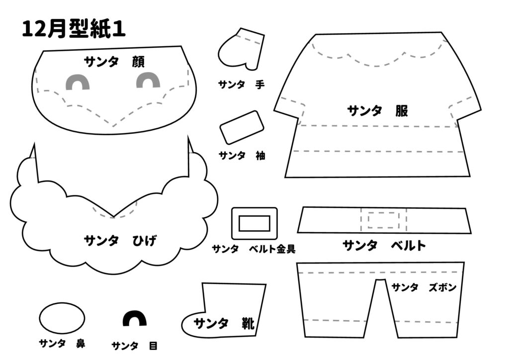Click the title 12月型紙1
(x=73, y=29)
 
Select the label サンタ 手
(x=241, y=85)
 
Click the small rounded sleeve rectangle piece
(x=242, y=127)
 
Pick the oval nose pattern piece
(x=62, y=318)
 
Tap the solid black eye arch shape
(x=134, y=319)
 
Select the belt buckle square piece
(x=254, y=223)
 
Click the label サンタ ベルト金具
(x=254, y=249)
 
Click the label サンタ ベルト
(x=384, y=245)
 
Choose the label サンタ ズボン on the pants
(x=424, y=287)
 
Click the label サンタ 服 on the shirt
(x=377, y=110)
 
